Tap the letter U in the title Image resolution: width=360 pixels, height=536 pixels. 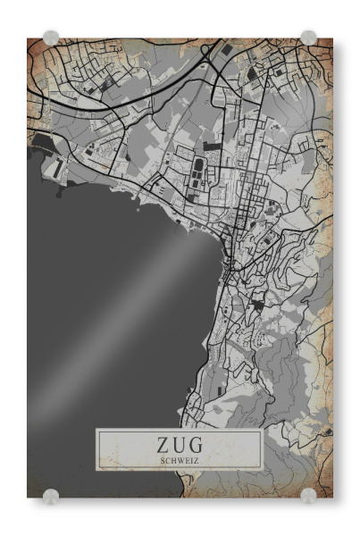pos(180,444)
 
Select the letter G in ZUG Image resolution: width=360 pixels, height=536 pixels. pos(198,444)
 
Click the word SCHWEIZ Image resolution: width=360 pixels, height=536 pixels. pos(180,460)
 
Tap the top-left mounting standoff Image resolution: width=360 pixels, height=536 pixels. pos(51,38)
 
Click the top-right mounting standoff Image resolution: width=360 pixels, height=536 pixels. pos(308,38)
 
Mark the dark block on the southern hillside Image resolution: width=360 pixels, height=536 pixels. pos(258,305)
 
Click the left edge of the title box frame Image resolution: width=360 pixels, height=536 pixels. pos(96,449)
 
